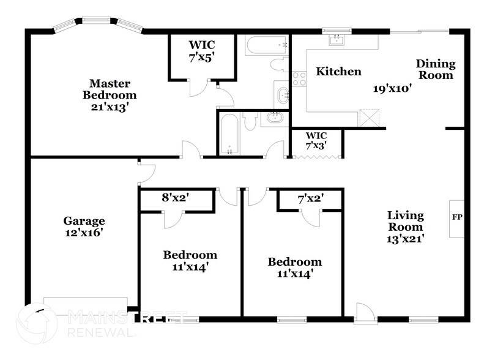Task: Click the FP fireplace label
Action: click(456, 217)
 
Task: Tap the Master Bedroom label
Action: click(113, 89)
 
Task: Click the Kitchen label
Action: click(338, 72)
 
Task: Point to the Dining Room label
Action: click(436, 69)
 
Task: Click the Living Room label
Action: click(405, 221)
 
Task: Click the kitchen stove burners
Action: click(299, 78)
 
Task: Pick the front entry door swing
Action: click(363, 312)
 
